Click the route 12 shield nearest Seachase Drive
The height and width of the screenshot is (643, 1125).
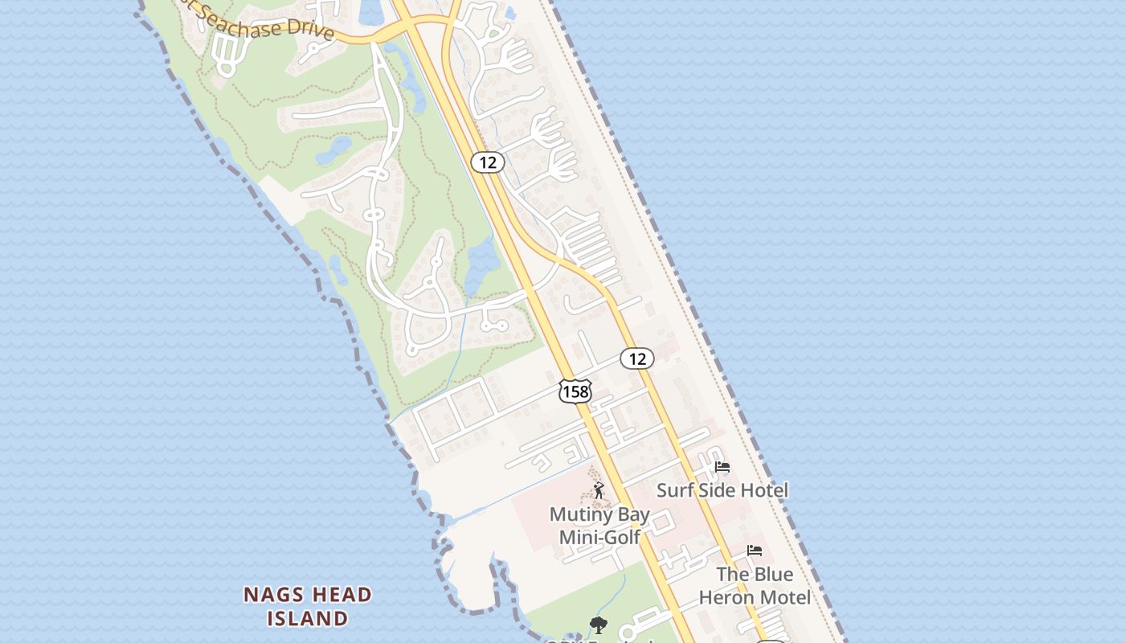coord(488,162)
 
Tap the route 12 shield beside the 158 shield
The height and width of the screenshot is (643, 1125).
coord(637,358)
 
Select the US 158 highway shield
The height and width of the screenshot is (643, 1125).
coord(575,391)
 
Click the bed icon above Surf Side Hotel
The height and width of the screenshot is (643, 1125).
coord(722,467)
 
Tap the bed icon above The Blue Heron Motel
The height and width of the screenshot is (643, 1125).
coord(754,551)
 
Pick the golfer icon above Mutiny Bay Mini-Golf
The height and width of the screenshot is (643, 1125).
coord(598,490)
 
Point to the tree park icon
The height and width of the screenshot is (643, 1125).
coord(598,625)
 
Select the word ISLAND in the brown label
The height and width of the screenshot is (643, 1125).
coord(307,619)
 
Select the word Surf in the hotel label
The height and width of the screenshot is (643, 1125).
coord(674,490)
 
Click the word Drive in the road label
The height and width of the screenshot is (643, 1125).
coord(313,31)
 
